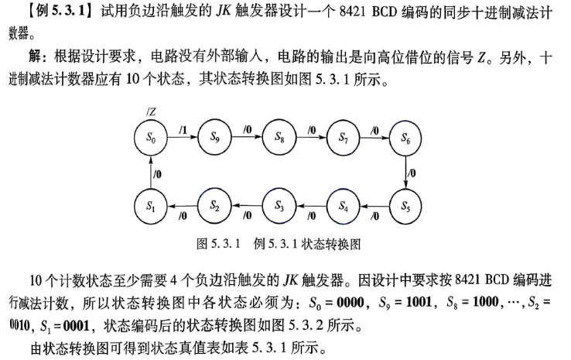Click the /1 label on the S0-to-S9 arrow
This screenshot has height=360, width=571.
pos(183,129)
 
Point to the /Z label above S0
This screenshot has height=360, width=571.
pos(151,111)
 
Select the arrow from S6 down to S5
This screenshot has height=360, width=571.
pos(405,173)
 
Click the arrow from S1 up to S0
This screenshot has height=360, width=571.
pos(151,173)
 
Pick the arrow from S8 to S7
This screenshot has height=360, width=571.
pos(311,137)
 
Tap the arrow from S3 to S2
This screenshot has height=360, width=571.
pos(247,206)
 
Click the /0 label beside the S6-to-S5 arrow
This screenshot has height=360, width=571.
pos(412,173)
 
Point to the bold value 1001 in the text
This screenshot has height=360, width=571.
pos(419,302)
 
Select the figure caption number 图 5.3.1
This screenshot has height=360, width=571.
pos(218,244)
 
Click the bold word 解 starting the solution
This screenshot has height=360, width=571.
pos(35,57)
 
